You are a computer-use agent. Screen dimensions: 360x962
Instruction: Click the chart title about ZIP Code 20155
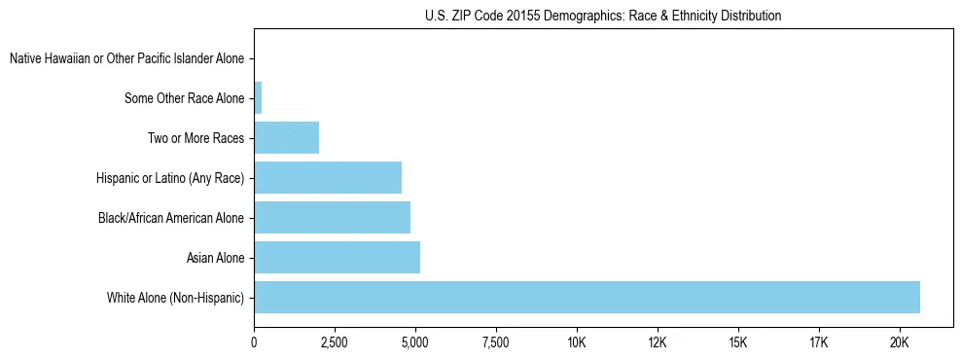(x=603, y=16)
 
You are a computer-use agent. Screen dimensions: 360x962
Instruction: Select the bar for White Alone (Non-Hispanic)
(x=587, y=297)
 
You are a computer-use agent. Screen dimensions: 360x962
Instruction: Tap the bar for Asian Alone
(x=337, y=257)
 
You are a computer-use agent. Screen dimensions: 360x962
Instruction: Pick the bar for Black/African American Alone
(x=332, y=217)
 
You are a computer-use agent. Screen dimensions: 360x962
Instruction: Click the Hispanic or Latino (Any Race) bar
(x=328, y=177)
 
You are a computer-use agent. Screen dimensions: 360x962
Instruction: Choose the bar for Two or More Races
(x=286, y=137)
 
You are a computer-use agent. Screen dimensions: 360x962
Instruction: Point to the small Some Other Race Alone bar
(x=258, y=97)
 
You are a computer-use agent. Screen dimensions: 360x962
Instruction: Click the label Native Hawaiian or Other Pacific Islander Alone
(x=126, y=58)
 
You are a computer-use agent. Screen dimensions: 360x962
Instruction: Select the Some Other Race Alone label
(x=185, y=97)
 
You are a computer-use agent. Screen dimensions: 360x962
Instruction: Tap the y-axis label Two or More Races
(x=196, y=137)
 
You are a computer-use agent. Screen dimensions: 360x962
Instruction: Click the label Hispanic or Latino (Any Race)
(x=170, y=177)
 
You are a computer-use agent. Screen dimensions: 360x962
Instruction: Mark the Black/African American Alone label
(x=171, y=217)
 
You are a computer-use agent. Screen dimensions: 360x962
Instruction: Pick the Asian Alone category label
(x=215, y=257)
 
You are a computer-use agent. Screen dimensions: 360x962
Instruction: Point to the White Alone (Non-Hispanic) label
(x=176, y=297)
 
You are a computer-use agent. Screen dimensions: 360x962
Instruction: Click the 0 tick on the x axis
(x=254, y=342)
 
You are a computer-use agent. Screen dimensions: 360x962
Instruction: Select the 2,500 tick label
(x=335, y=342)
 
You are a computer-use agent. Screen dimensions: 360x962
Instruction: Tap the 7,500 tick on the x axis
(x=496, y=342)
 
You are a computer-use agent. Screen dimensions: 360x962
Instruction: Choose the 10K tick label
(x=577, y=342)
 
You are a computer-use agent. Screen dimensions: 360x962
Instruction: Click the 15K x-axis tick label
(x=738, y=342)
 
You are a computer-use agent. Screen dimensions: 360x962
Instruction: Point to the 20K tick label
(x=899, y=342)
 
